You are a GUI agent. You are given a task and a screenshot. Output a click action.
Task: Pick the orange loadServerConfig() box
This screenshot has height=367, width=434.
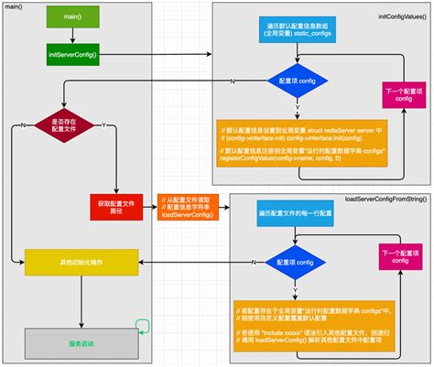[186, 207]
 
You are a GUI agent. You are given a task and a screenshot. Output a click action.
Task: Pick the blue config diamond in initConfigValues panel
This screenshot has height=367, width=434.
[293, 80]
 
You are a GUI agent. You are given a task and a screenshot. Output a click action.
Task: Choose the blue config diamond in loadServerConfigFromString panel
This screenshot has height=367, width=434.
[292, 261]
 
